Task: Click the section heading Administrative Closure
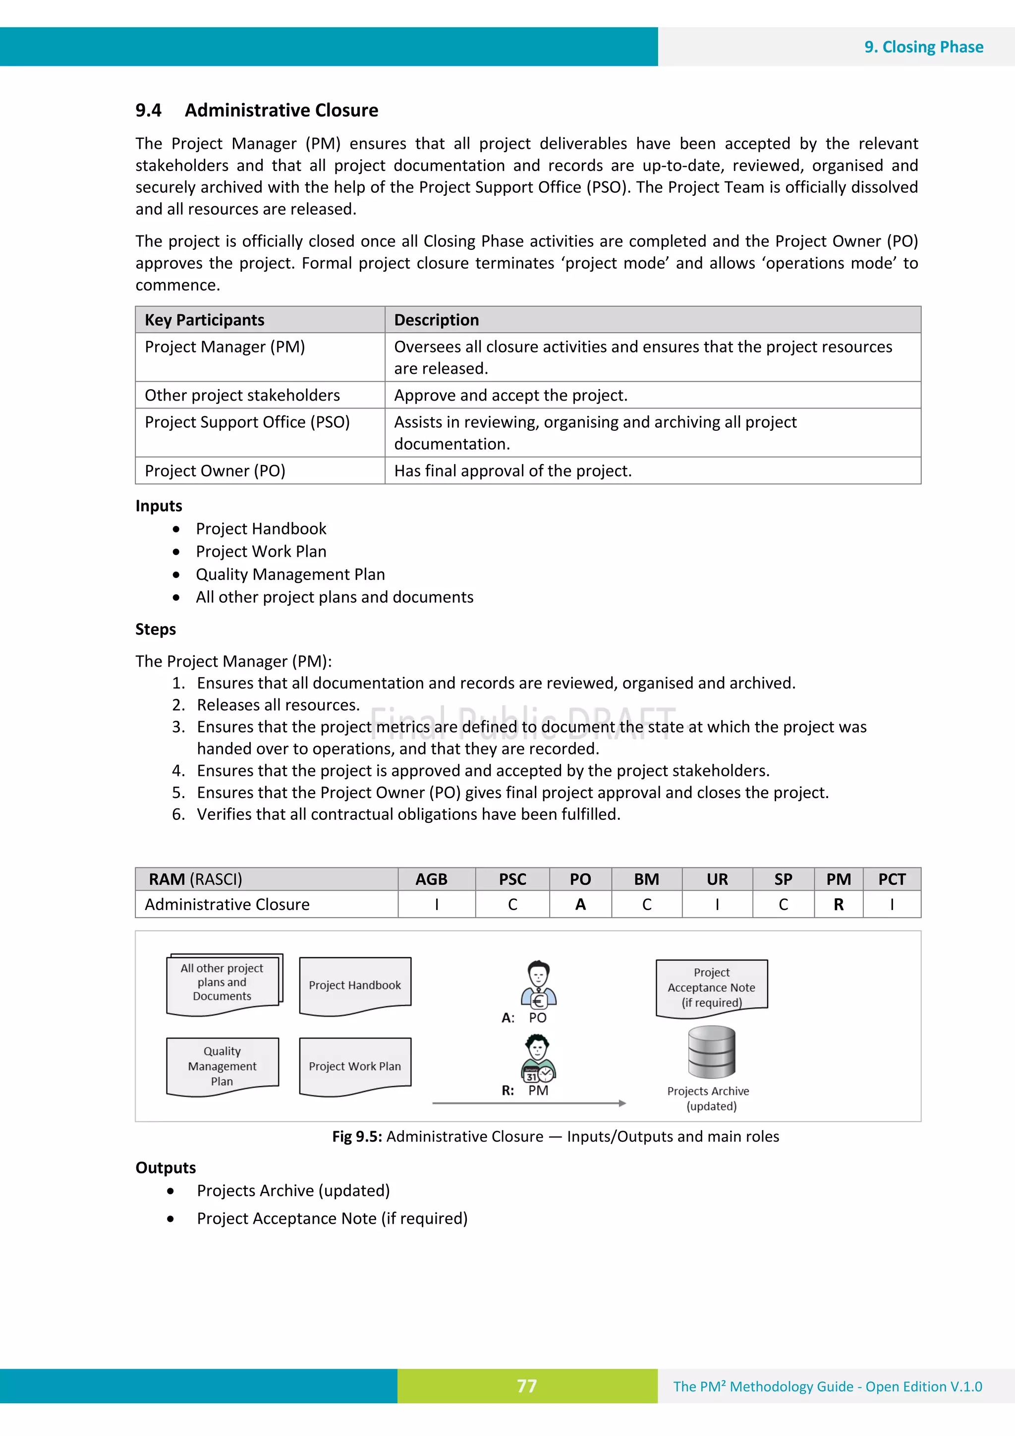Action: [x=281, y=110]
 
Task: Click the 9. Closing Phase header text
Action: [x=923, y=47]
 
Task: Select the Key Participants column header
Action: [x=205, y=320]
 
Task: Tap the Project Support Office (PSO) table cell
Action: [x=247, y=422]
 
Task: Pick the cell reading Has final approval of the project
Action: [x=513, y=470]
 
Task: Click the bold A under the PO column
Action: [x=580, y=905]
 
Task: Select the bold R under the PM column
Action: [x=838, y=905]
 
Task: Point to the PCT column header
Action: [x=891, y=879]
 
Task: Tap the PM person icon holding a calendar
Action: [x=538, y=1058]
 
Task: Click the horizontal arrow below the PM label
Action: [x=528, y=1103]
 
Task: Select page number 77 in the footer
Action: [x=526, y=1386]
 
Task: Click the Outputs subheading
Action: [x=166, y=1168]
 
